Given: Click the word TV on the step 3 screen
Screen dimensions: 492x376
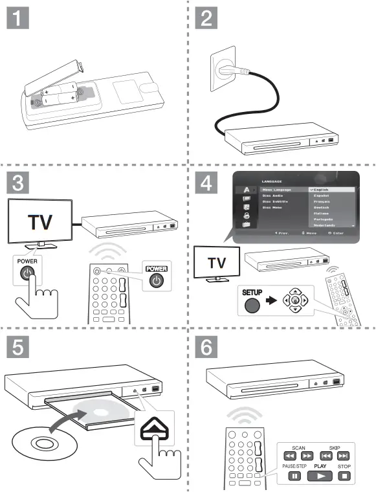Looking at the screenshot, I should click(40, 222).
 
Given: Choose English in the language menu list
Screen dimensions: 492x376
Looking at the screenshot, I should click(324, 189).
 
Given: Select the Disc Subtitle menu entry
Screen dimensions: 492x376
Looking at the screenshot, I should click(275, 202).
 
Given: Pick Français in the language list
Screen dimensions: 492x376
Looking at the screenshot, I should click(324, 202).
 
